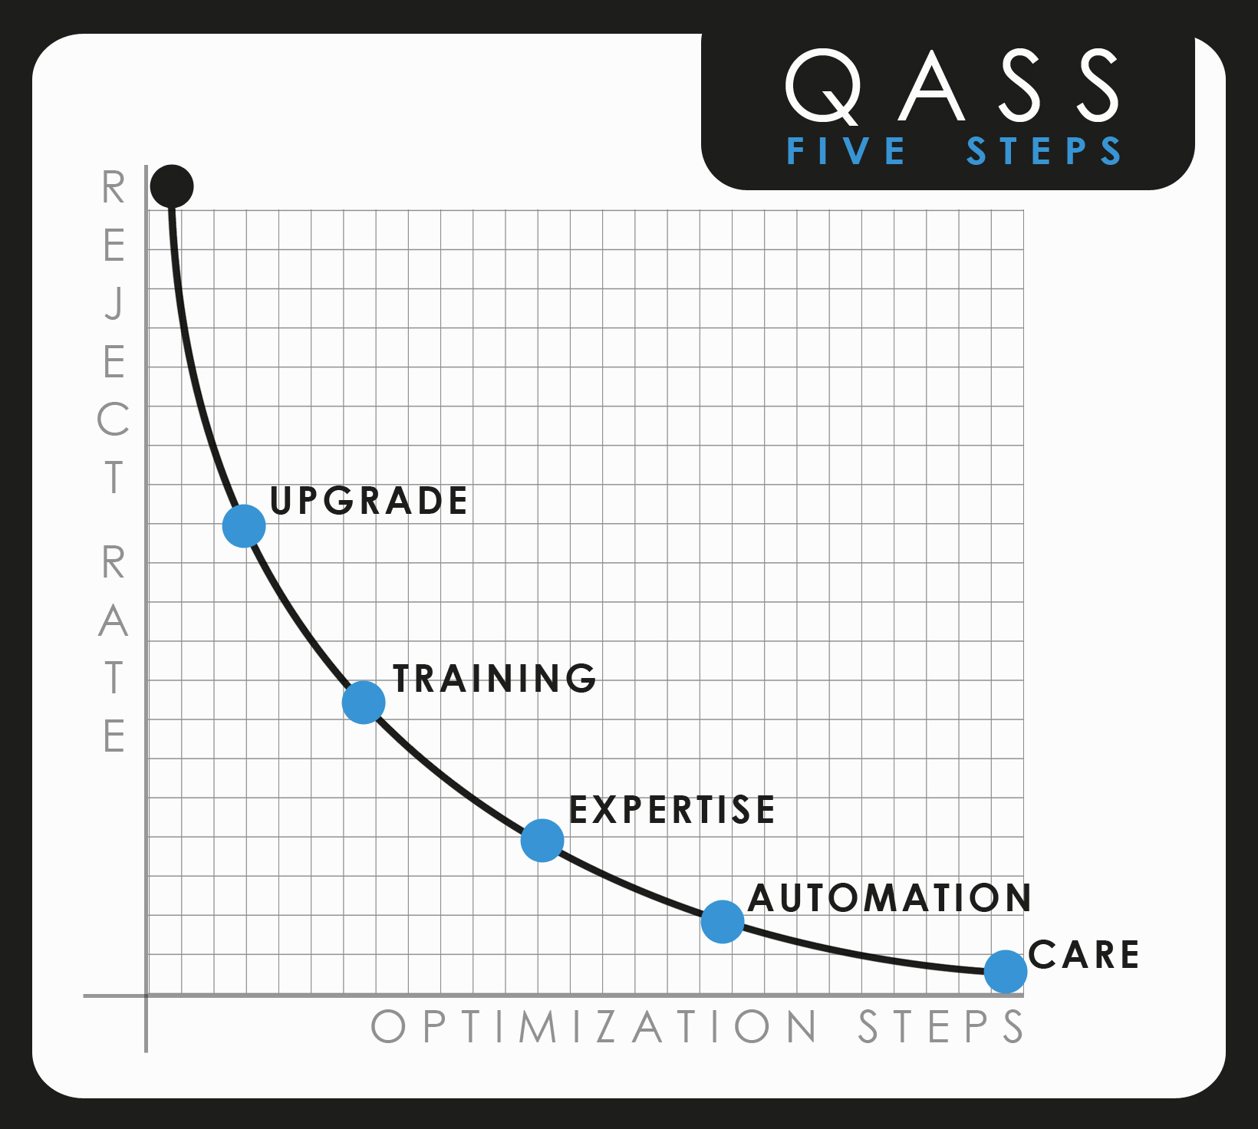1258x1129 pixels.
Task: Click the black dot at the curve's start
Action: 172,186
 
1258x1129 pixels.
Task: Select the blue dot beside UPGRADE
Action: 244,526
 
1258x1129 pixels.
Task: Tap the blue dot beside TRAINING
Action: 364,702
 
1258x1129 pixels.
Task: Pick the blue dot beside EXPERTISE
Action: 542,841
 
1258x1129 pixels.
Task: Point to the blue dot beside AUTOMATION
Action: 723,921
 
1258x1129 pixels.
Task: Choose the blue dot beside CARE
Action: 1006,972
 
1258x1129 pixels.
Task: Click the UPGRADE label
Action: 369,501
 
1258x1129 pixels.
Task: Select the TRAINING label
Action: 495,679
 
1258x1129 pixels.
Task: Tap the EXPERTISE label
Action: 672,810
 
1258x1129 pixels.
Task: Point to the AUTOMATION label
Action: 890,898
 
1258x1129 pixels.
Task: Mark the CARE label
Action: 1084,955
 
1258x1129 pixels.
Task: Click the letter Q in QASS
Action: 823,87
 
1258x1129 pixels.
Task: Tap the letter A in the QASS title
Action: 931,87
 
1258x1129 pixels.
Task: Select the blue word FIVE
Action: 847,151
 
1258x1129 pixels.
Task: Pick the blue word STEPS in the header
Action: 1044,151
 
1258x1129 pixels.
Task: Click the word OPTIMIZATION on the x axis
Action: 594,1026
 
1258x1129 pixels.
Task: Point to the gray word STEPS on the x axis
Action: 940,1026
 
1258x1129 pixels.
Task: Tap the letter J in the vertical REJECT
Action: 114,304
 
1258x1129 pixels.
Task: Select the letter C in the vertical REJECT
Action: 113,420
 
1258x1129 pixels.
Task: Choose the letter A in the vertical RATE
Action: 113,620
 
